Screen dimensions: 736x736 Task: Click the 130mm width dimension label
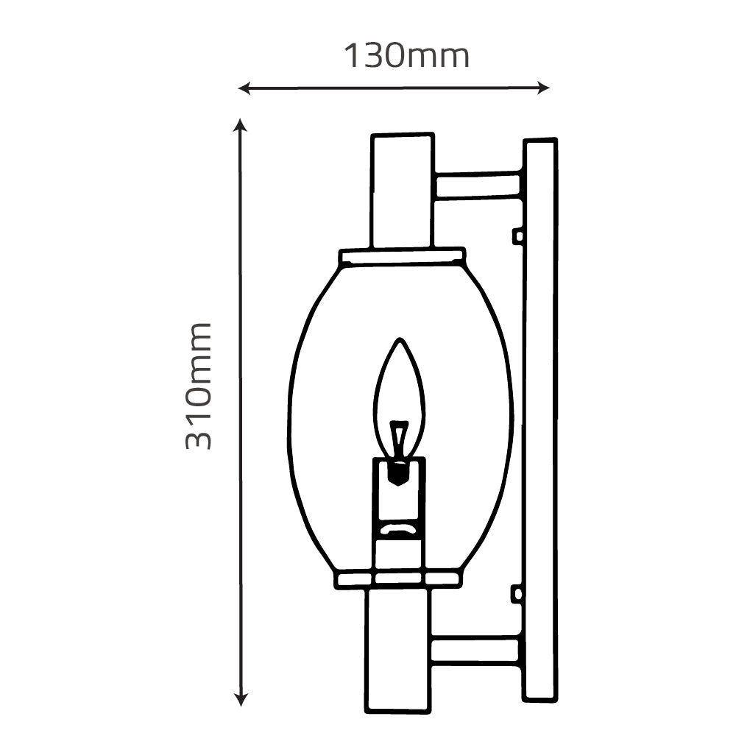pos(406,55)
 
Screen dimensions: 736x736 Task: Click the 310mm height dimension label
pos(199,386)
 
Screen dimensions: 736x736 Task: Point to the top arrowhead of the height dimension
pos(240,125)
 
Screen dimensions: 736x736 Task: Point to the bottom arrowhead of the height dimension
pos(240,699)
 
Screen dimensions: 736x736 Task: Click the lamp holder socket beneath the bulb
pos(399,500)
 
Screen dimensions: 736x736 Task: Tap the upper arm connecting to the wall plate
pos(478,185)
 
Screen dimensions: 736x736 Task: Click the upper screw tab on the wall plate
pos(518,236)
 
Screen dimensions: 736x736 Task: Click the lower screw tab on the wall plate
pos(518,593)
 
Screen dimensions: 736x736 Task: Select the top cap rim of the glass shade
pos(402,257)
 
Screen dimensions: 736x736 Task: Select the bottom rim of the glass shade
pos(398,579)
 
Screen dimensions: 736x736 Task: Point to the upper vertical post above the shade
pos(402,191)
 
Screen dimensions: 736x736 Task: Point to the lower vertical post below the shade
pos(397,648)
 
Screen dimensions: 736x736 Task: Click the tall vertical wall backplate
pos(539,420)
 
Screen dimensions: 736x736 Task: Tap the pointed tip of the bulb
pos(400,342)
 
